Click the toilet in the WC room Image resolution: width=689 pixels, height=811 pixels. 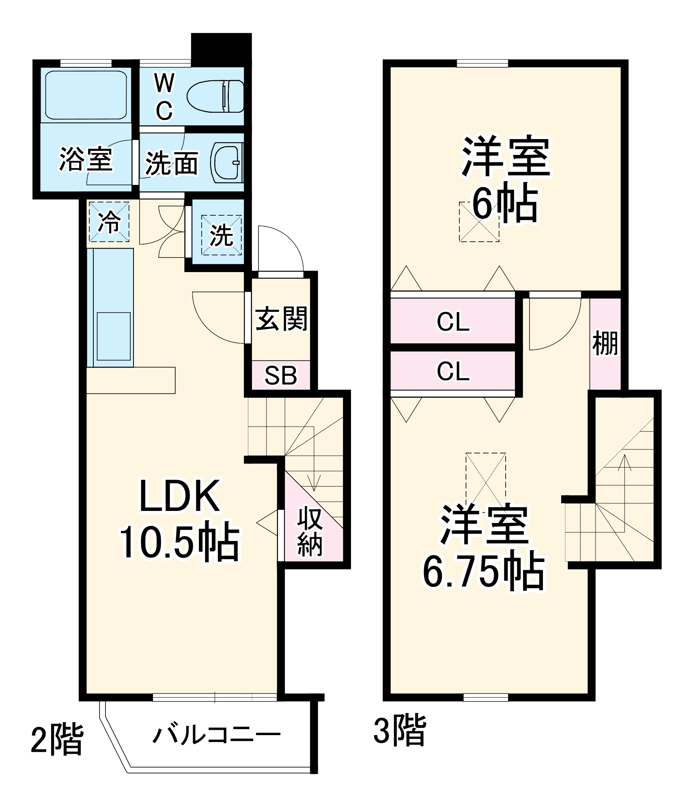pyautogui.click(x=215, y=96)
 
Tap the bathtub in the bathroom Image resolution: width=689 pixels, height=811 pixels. pyautogui.click(x=86, y=95)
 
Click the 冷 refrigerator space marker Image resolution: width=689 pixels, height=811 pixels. pyautogui.click(x=109, y=222)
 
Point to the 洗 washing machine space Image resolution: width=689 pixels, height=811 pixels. pyautogui.click(x=222, y=235)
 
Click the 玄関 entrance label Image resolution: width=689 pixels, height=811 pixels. pyautogui.click(x=281, y=318)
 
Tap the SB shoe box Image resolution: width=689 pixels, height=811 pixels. pyautogui.click(x=281, y=375)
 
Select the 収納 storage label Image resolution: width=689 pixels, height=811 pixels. pyautogui.click(x=310, y=531)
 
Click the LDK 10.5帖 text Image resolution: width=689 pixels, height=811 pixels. pyautogui.click(x=179, y=519)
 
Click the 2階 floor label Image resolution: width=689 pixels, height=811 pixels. pyautogui.click(x=57, y=738)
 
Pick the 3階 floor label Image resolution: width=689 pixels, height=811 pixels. pyautogui.click(x=399, y=730)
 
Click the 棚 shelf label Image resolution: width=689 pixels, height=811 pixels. pyautogui.click(x=605, y=343)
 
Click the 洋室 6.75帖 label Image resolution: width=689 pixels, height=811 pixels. pyautogui.click(x=484, y=547)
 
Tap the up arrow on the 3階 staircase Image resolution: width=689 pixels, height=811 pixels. pyautogui.click(x=624, y=462)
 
